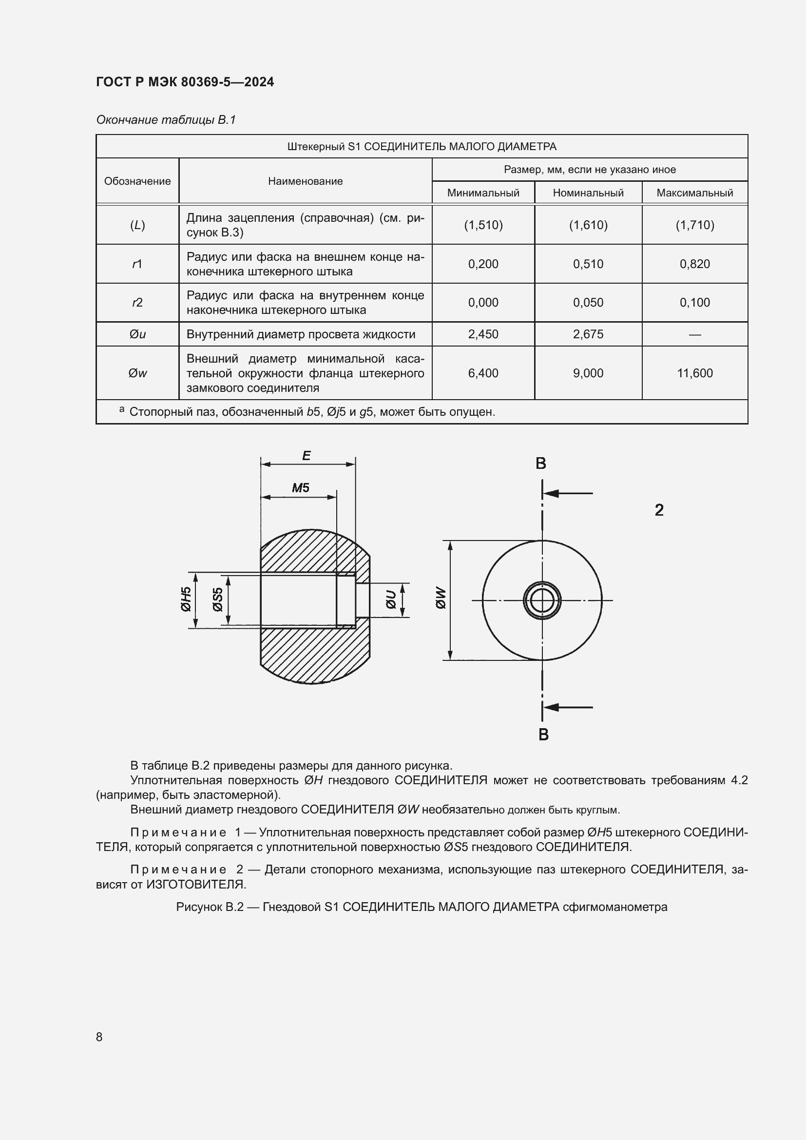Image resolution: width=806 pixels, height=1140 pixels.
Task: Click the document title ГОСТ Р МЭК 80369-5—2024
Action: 185,82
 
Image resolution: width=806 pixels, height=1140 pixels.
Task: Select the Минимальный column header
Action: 483,193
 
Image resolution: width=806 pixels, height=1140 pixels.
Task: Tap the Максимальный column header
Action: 694,193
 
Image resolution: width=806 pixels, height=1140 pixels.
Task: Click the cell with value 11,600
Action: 694,373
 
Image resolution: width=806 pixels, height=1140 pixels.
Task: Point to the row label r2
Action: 137,302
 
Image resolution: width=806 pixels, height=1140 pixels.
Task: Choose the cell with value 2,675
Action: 588,334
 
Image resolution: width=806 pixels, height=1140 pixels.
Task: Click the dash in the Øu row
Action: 694,335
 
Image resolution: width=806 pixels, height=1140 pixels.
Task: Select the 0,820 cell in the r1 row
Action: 694,264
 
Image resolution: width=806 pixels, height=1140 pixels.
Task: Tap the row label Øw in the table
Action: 137,373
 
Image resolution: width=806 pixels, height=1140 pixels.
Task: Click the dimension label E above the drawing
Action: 306,455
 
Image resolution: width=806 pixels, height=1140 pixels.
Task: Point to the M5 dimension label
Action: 300,487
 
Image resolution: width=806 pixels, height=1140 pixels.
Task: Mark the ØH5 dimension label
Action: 186,599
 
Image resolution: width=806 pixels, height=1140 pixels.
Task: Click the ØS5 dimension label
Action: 217,599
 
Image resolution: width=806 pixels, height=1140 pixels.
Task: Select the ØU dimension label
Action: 391,599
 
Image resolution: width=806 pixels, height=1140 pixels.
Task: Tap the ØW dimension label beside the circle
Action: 441,599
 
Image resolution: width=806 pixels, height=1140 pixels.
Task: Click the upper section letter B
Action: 541,463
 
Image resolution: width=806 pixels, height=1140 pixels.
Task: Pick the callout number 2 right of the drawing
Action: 659,510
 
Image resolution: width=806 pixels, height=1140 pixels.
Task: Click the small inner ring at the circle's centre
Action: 542,600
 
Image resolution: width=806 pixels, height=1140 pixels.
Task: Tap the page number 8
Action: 99,1037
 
